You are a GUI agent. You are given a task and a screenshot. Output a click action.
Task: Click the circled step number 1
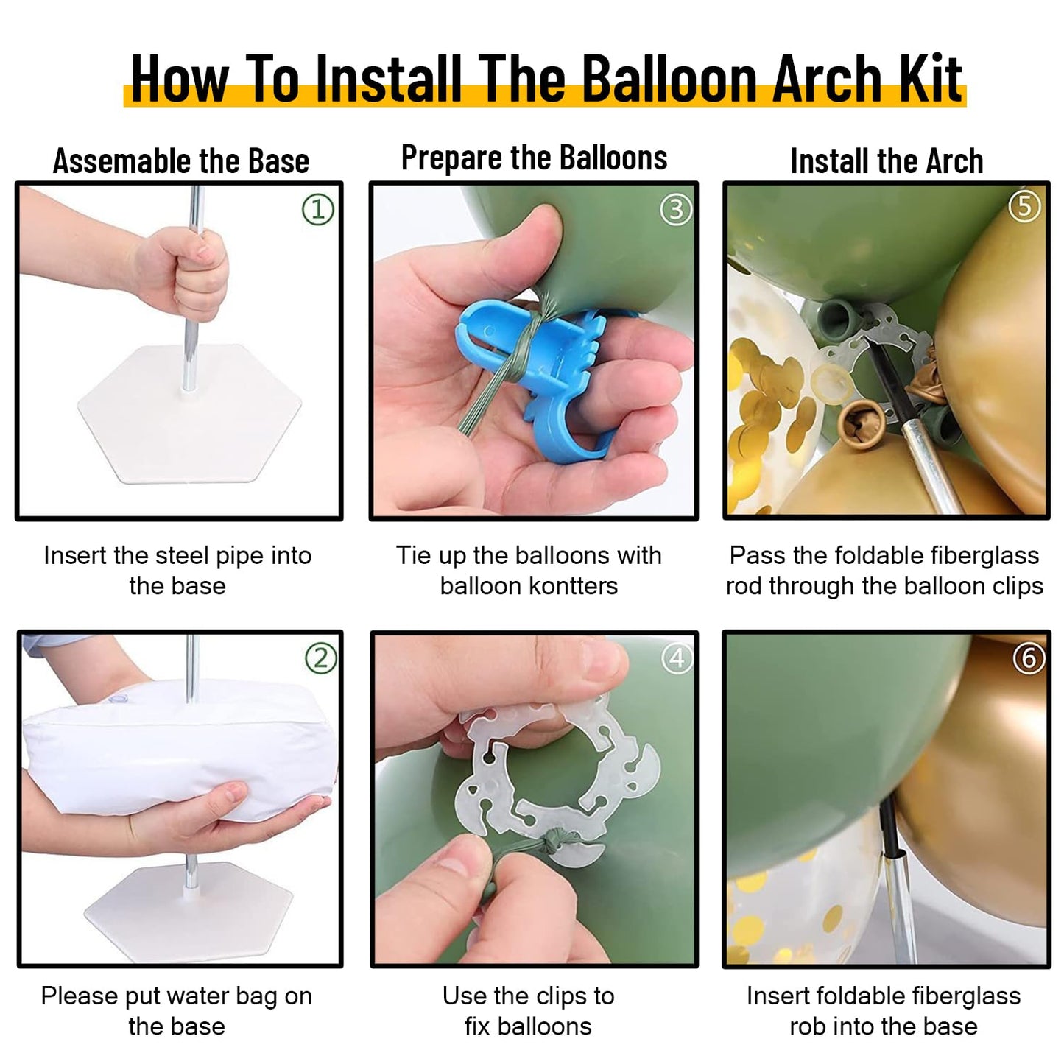pos(318,210)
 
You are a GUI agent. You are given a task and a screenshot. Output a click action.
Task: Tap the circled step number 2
pos(320,658)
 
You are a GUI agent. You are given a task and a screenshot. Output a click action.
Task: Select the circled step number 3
pos(675,211)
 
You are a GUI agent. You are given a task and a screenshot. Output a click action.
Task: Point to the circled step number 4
pos(677,658)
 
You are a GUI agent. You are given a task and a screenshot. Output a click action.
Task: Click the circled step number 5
pos(1024,207)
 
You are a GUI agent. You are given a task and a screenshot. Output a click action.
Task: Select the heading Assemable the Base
pos(180,161)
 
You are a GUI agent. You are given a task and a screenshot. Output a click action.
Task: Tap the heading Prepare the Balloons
pos(534,158)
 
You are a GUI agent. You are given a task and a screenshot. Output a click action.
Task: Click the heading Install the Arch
pos(887,161)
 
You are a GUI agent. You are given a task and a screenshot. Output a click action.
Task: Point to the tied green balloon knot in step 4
pos(551,843)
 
